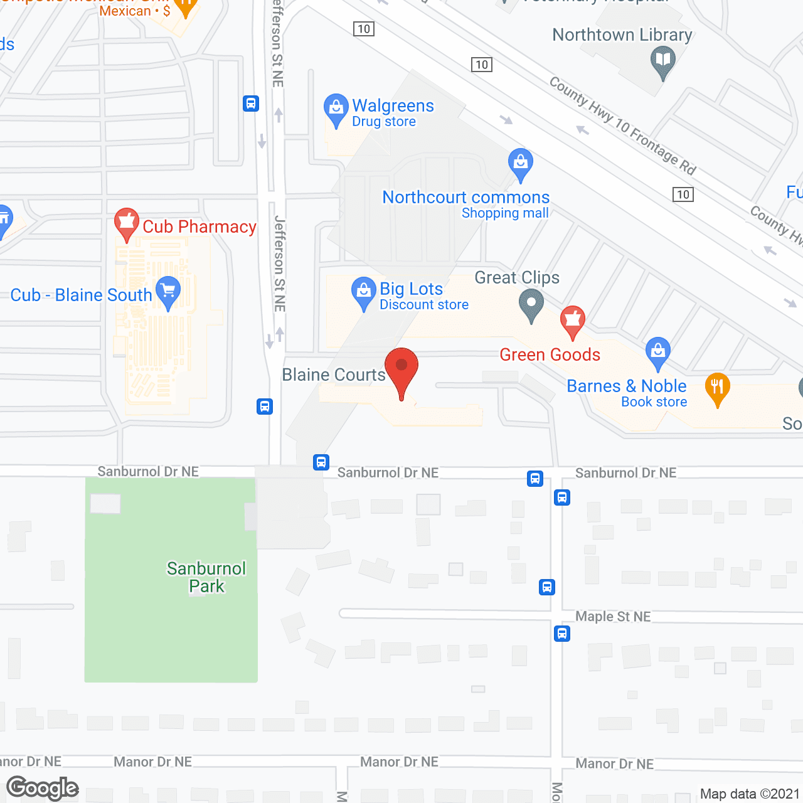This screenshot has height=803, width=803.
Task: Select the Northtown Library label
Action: (622, 35)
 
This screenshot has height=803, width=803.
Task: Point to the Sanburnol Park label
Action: (206, 577)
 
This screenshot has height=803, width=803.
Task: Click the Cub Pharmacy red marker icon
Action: (127, 223)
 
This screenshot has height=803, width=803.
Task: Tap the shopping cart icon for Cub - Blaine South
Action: (168, 292)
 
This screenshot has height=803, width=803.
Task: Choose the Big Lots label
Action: (412, 289)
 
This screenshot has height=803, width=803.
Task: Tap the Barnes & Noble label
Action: (627, 386)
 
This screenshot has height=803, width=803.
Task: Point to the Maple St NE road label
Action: (613, 617)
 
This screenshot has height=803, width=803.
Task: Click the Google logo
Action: (43, 788)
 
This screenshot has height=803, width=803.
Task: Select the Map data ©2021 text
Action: (750, 794)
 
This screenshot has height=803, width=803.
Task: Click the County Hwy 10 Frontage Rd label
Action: (623, 126)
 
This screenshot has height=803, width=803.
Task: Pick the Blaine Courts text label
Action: (334, 375)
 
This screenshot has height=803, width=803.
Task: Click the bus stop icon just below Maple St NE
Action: (562, 634)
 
